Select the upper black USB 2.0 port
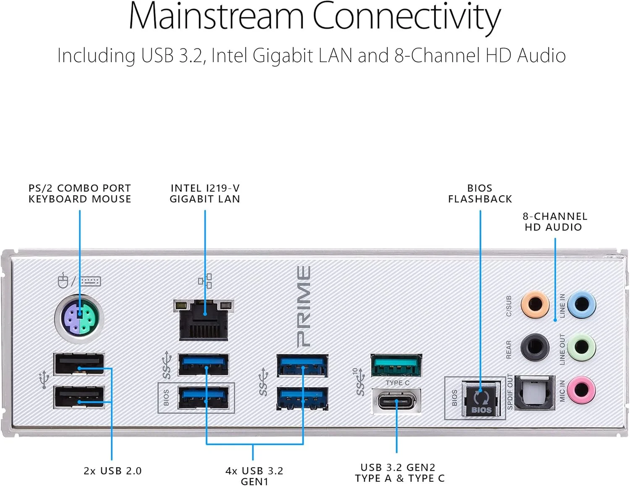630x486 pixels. pyautogui.click(x=79, y=364)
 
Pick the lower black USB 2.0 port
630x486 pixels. pyautogui.click(x=79, y=397)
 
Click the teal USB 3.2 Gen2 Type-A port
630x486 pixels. pyautogui.click(x=396, y=365)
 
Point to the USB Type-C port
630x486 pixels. pyautogui.click(x=396, y=401)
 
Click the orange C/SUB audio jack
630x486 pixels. pyautogui.click(x=535, y=304)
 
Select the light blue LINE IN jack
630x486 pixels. pyautogui.click(x=581, y=304)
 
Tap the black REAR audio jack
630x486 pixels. pyautogui.click(x=535, y=347)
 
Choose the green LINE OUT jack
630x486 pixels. pyautogui.click(x=581, y=347)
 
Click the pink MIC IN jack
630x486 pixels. pyautogui.click(x=581, y=389)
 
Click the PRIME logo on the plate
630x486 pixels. pyautogui.click(x=304, y=307)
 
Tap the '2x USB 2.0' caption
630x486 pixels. pyautogui.click(x=113, y=471)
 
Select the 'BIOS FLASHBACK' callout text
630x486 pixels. pyautogui.click(x=480, y=194)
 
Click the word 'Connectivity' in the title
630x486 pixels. pyautogui.click(x=406, y=17)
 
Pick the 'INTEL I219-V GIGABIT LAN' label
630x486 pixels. pyautogui.click(x=205, y=194)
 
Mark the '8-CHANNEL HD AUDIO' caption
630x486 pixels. pyautogui.click(x=554, y=222)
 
